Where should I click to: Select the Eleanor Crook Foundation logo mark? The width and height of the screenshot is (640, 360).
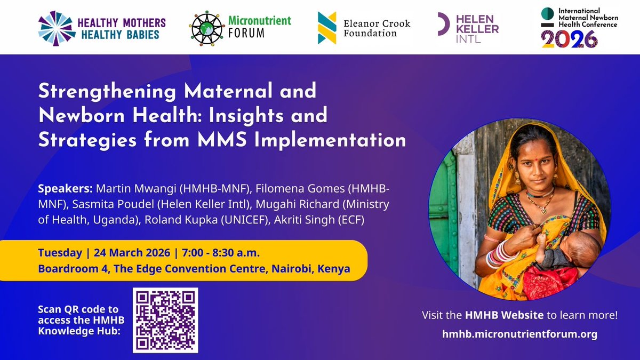pos(327,28)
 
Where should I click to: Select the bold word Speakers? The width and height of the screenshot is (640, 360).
pos(66,190)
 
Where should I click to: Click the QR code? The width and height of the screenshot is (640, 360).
pos(165,320)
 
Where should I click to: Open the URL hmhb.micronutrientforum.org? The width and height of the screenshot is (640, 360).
pos(519,334)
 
